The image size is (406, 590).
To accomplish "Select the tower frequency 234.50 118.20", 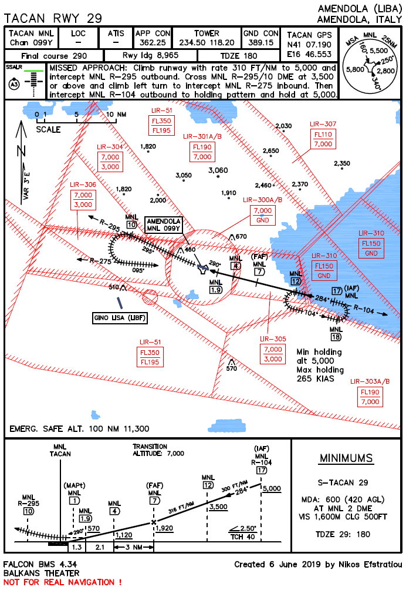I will (207, 43).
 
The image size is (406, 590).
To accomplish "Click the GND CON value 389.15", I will (260, 43).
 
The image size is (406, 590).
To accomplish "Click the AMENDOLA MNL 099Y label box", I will (164, 224).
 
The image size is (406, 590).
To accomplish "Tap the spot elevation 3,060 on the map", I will (218, 170).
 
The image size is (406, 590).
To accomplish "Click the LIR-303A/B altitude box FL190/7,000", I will (370, 397).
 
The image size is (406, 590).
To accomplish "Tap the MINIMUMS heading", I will (346, 458).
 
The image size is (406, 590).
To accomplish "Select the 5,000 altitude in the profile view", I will (273, 488).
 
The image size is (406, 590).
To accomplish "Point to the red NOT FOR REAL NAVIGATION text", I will (63, 582).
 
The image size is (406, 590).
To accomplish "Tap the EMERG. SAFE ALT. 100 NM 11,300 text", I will (79, 428).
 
